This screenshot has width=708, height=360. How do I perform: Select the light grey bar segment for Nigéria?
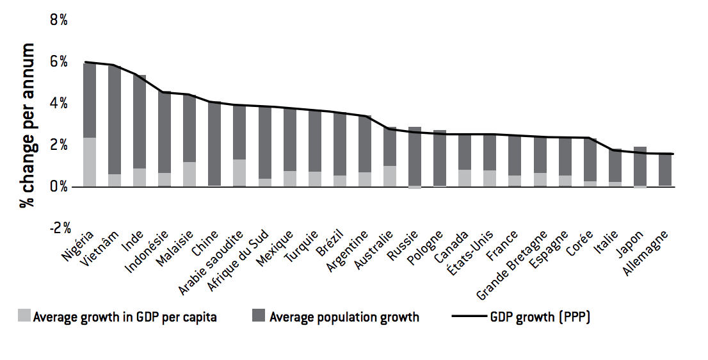click(x=89, y=162)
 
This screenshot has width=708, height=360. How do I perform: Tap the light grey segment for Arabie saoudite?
click(x=239, y=173)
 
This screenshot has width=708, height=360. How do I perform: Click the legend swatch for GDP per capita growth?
click(x=24, y=316)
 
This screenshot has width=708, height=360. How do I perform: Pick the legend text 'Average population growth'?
click(x=344, y=317)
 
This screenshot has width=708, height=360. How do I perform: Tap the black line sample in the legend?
click(x=468, y=316)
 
